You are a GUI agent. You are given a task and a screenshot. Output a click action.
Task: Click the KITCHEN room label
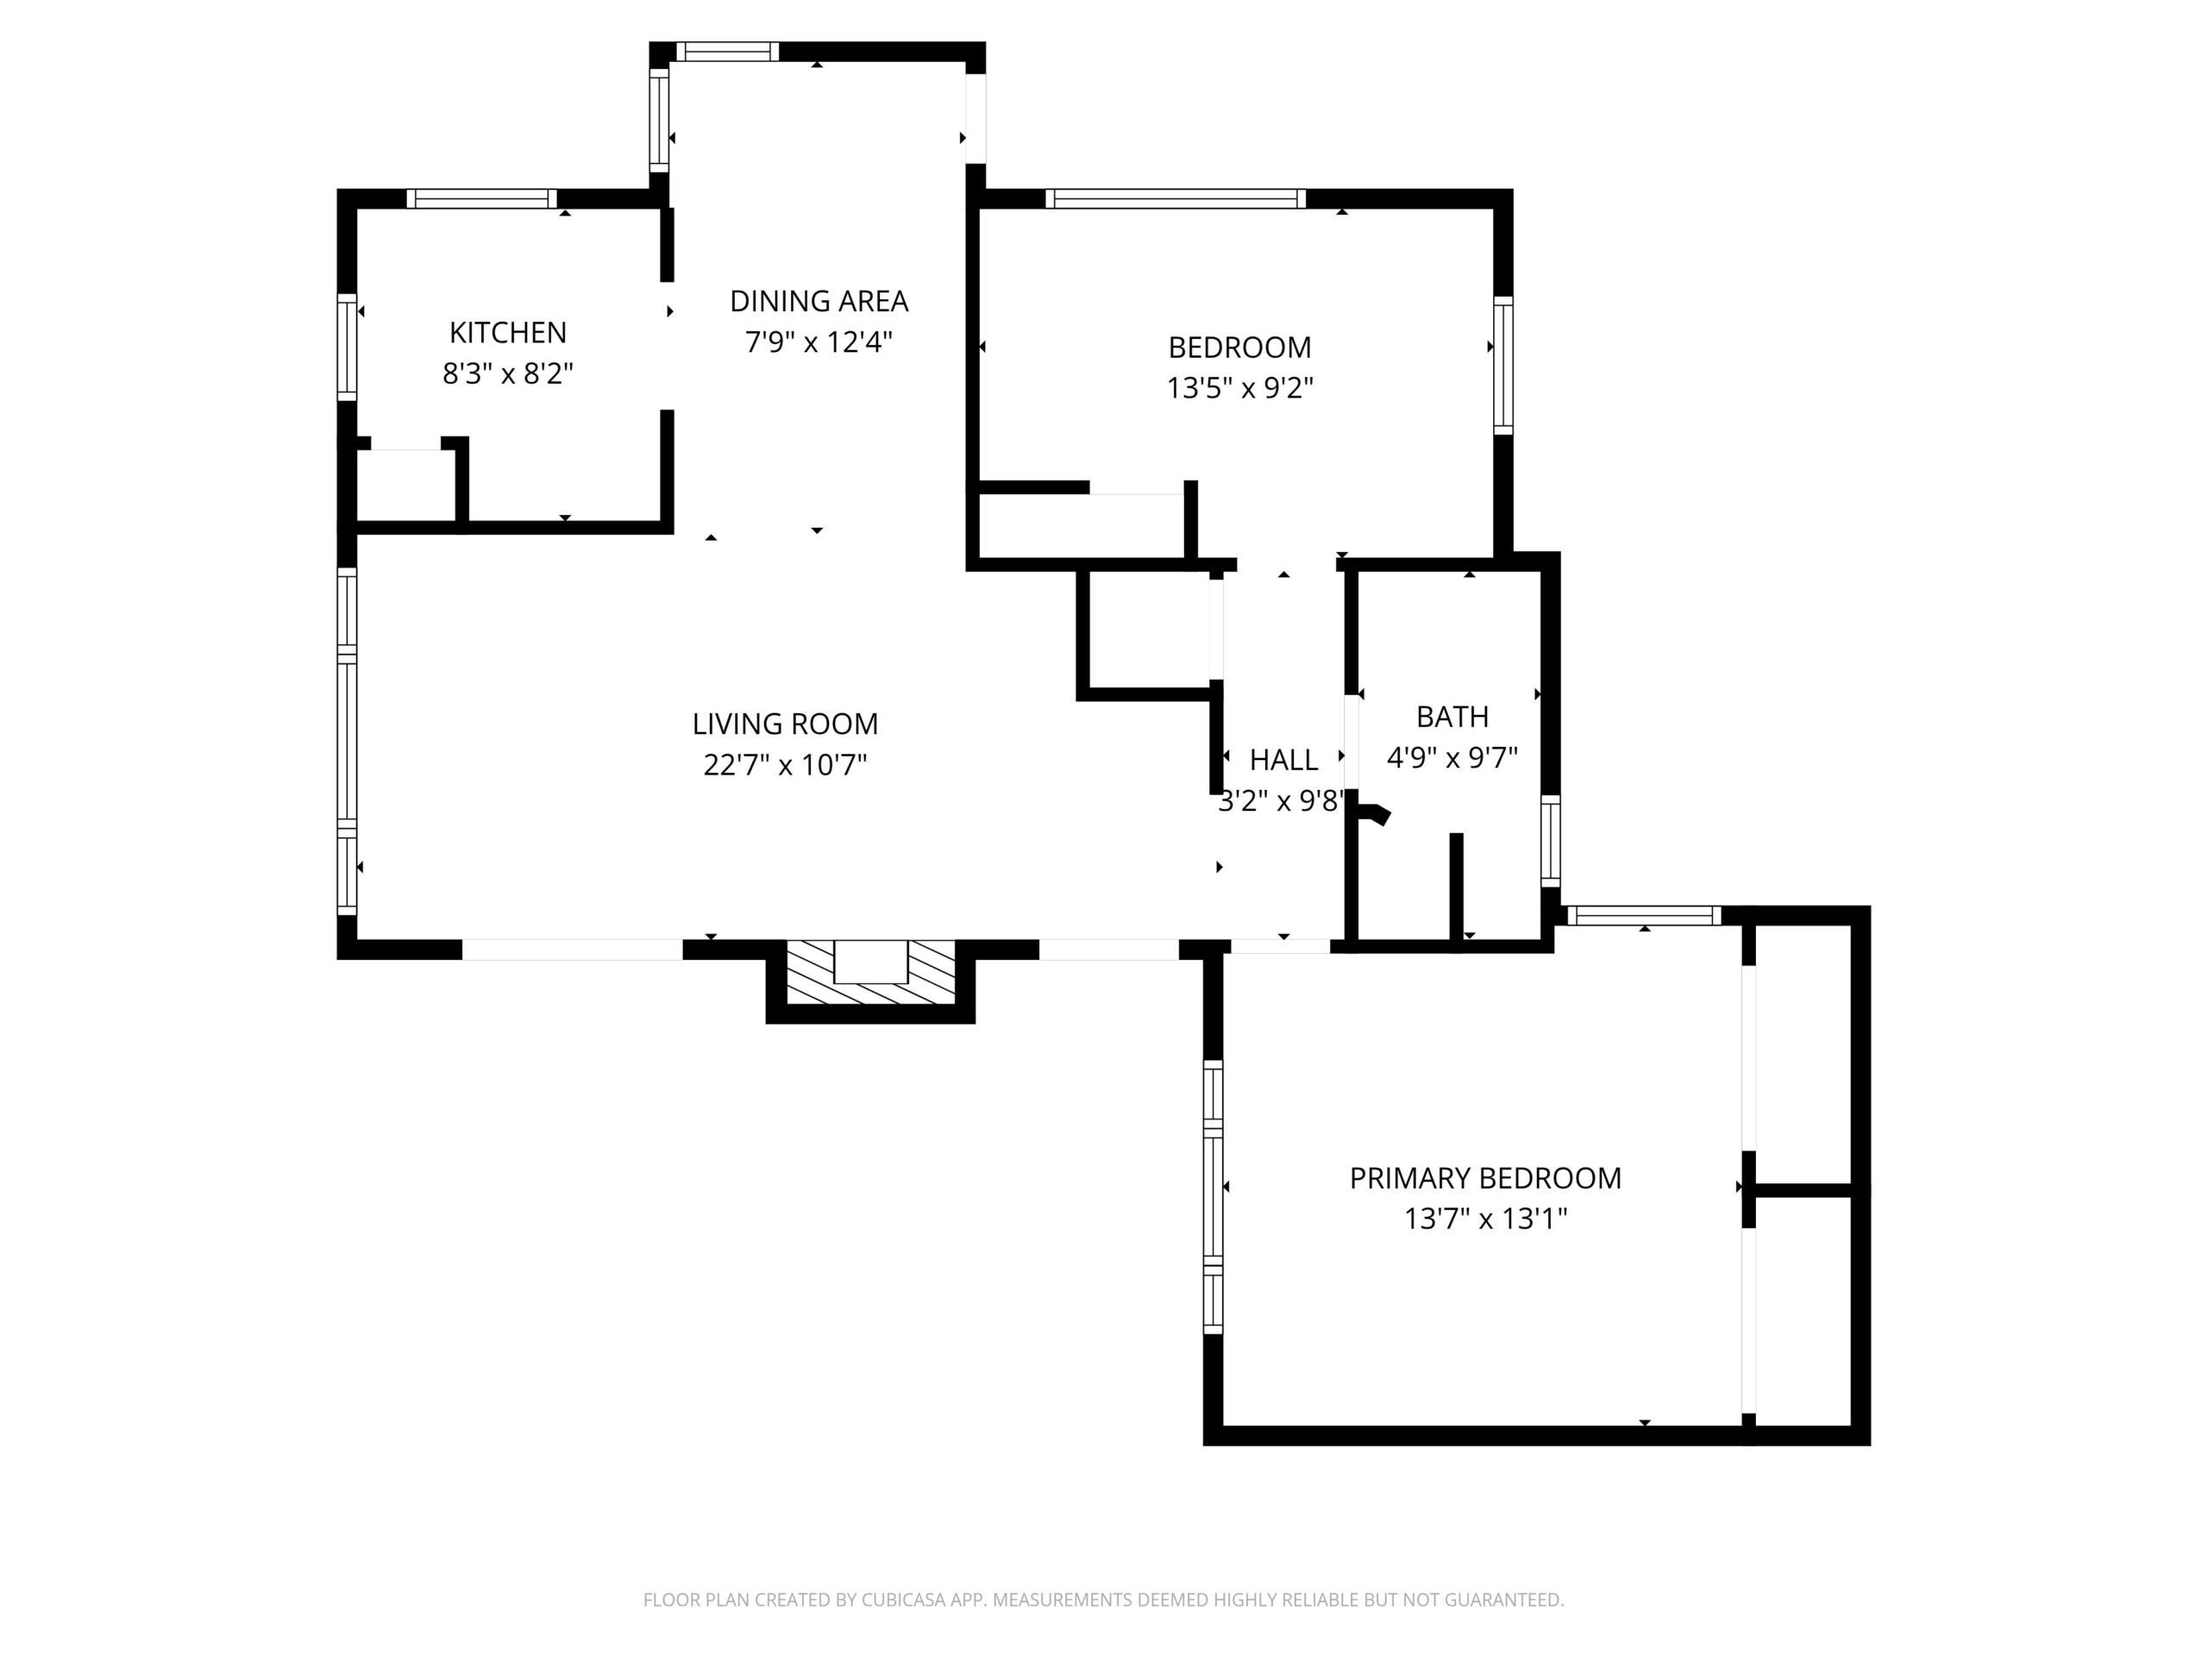click(x=508, y=332)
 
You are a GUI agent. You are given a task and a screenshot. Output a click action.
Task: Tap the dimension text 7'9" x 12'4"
click(x=819, y=342)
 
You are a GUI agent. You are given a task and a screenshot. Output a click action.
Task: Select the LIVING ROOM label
click(x=786, y=724)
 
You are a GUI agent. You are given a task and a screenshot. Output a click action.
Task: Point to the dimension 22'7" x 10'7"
click(x=786, y=765)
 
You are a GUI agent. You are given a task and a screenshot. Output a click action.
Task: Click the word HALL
click(x=1283, y=761)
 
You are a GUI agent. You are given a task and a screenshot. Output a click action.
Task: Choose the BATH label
click(x=1452, y=717)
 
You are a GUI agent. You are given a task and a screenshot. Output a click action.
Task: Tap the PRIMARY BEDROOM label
click(x=1485, y=1178)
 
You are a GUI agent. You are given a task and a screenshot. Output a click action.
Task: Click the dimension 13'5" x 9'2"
click(x=1239, y=387)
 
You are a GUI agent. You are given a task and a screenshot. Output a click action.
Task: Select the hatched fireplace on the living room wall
click(x=870, y=972)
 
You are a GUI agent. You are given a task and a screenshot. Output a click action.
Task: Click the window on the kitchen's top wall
click(x=481, y=198)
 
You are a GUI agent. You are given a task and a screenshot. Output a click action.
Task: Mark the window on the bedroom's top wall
click(x=1176, y=198)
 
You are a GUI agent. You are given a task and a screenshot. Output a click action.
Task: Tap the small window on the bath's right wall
click(x=1550, y=840)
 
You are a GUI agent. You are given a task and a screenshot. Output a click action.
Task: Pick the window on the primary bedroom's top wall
click(x=1644, y=915)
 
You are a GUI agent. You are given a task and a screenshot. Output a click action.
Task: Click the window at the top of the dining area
click(x=728, y=52)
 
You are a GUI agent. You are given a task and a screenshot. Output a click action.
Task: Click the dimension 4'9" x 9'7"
click(x=1452, y=757)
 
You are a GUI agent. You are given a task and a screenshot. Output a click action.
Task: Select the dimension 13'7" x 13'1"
click(x=1485, y=1219)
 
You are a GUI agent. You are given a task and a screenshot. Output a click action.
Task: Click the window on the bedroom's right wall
click(x=1503, y=366)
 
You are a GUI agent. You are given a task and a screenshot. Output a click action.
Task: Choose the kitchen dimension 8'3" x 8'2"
click(x=508, y=373)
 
